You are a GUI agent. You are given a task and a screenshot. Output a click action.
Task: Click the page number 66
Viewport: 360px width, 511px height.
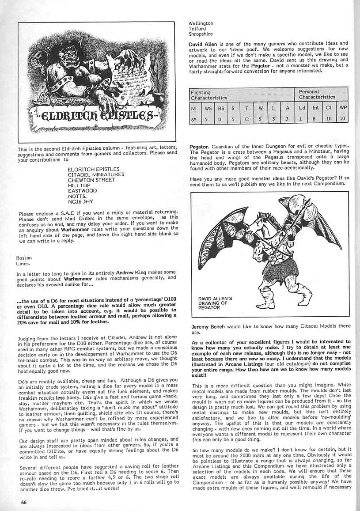(23, 501)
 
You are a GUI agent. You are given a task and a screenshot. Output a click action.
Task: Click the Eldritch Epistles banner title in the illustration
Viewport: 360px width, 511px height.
(92, 117)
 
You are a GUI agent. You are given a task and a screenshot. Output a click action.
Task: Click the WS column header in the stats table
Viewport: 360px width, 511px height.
(208, 107)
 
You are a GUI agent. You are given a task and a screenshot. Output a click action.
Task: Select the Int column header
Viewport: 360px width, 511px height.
(315, 107)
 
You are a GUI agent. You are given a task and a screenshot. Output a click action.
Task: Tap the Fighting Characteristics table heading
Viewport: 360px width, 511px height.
(209, 95)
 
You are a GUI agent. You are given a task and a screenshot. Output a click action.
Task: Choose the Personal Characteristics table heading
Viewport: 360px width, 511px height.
(317, 94)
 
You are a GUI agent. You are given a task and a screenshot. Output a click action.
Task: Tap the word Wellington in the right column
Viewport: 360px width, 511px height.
(201, 23)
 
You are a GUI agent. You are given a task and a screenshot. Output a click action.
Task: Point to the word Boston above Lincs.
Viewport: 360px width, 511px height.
(24, 257)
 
